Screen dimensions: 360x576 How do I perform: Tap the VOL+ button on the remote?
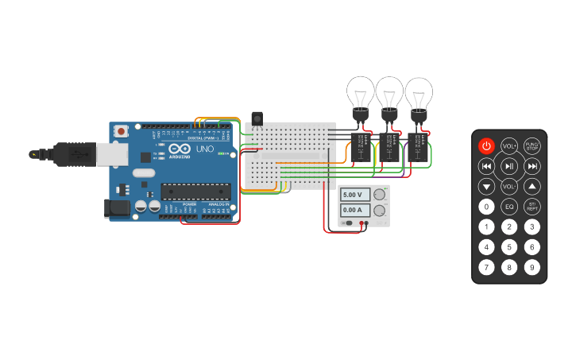pos(509,146)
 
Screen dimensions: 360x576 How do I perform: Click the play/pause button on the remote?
pos(509,166)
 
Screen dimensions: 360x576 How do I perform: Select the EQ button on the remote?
pos(509,207)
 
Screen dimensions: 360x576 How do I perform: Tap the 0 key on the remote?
pos(486,207)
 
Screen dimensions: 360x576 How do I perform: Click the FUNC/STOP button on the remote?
pos(532,146)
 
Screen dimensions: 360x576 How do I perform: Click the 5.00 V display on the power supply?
pos(355,195)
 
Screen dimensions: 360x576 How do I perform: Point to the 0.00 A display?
pos(355,211)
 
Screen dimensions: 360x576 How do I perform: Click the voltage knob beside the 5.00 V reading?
pos(380,195)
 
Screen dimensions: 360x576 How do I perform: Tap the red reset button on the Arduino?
pos(121,131)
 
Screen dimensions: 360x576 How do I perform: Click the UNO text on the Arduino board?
pos(204,149)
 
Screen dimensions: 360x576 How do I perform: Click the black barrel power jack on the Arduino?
pos(117,209)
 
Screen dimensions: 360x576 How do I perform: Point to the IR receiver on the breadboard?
pos(257,119)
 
